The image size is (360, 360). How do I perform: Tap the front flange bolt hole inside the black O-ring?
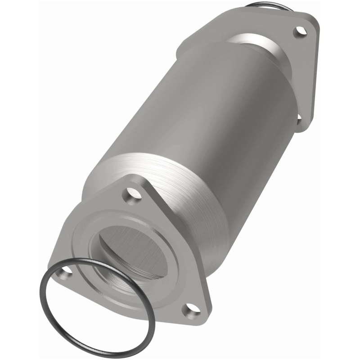[x=67, y=270]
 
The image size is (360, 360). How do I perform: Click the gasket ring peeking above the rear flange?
[x=261, y=5]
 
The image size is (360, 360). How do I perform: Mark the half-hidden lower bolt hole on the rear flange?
[x=298, y=118]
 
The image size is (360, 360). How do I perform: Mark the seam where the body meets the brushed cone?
[x=135, y=157]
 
